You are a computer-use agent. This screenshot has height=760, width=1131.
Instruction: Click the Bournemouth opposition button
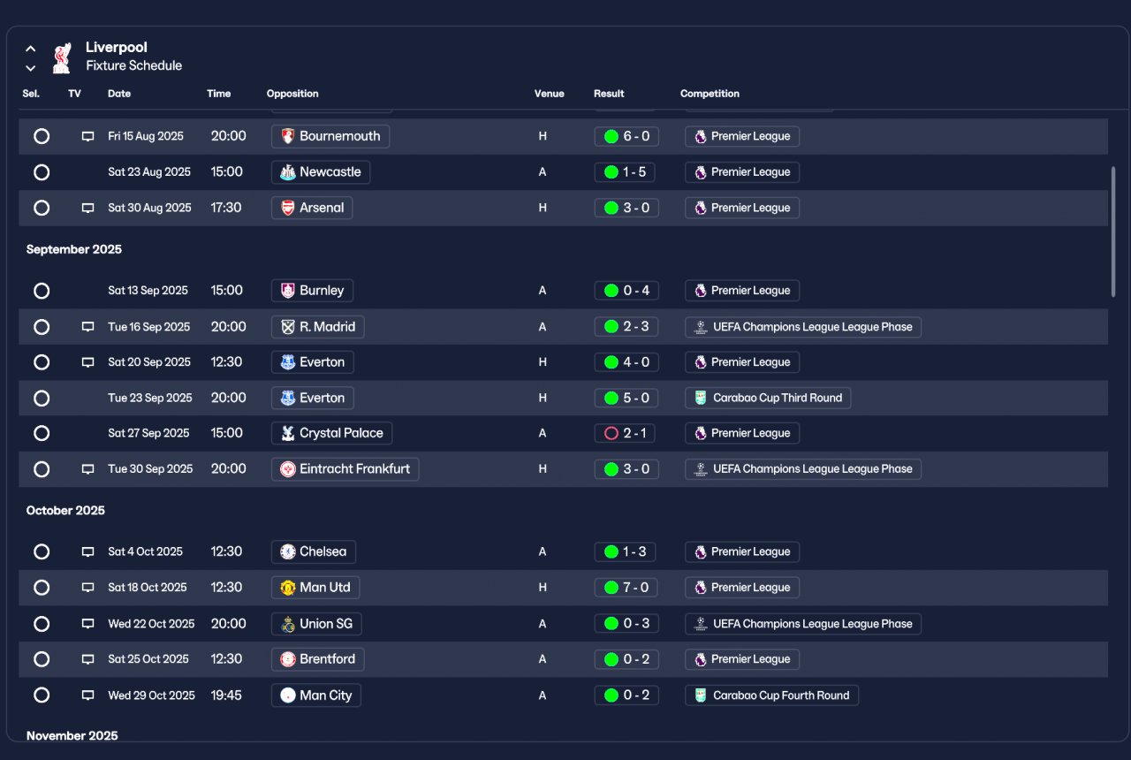pyautogui.click(x=330, y=136)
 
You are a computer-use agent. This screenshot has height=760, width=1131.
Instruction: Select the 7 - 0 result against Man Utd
pyautogui.click(x=626, y=588)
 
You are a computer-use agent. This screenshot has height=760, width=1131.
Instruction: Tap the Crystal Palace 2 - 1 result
pyautogui.click(x=625, y=433)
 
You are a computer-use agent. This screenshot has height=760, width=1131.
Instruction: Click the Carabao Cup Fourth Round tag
pyautogui.click(x=771, y=695)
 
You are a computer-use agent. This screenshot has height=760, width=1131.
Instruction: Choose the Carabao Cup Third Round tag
pyautogui.click(x=768, y=398)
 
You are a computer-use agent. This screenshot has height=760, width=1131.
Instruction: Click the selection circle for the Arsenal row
pyautogui.click(x=42, y=208)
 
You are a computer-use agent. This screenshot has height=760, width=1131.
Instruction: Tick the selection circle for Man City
pyautogui.click(x=42, y=695)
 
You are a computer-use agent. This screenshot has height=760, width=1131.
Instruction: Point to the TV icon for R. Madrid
pyautogui.click(x=87, y=327)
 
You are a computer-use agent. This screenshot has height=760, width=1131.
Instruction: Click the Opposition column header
pyautogui.click(x=292, y=94)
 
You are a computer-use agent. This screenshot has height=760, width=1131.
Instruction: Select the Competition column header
pyautogui.click(x=710, y=94)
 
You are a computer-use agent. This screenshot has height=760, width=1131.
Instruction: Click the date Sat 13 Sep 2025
pyautogui.click(x=148, y=291)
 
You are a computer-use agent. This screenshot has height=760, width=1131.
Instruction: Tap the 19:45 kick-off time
pyautogui.click(x=225, y=695)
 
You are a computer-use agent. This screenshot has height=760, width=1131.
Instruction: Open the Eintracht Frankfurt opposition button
pyautogui.click(x=345, y=469)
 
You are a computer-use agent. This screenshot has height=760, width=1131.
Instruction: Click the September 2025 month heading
pyautogui.click(x=73, y=249)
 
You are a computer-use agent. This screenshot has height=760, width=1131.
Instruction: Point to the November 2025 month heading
pyautogui.click(x=72, y=736)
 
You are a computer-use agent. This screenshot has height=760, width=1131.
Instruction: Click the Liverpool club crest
pyautogui.click(x=62, y=57)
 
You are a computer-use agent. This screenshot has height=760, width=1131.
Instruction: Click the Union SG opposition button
pyautogui.click(x=316, y=624)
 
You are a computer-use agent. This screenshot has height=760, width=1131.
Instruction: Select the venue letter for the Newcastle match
pyautogui.click(x=543, y=172)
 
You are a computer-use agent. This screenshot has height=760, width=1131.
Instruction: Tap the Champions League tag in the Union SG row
pyautogui.click(x=803, y=624)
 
